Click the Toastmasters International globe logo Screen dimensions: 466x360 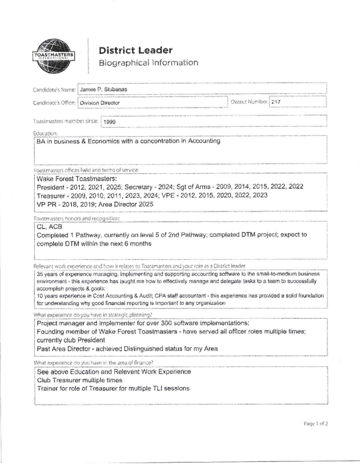(54, 56)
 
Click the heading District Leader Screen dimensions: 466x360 (135, 50)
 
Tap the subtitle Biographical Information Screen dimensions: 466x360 (148, 63)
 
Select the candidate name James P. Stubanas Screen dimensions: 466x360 (103, 89)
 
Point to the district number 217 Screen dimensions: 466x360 (276, 102)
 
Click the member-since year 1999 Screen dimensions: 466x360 (109, 122)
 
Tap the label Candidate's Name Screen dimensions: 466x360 (54, 90)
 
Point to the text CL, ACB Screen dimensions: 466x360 (49, 227)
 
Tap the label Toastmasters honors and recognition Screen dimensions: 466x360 (76, 218)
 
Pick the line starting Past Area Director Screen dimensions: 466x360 (127, 349)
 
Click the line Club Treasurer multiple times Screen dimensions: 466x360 (79, 380)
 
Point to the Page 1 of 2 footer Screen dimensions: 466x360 (315, 423)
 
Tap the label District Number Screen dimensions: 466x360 (249, 102)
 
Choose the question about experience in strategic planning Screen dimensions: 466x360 (93, 315)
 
